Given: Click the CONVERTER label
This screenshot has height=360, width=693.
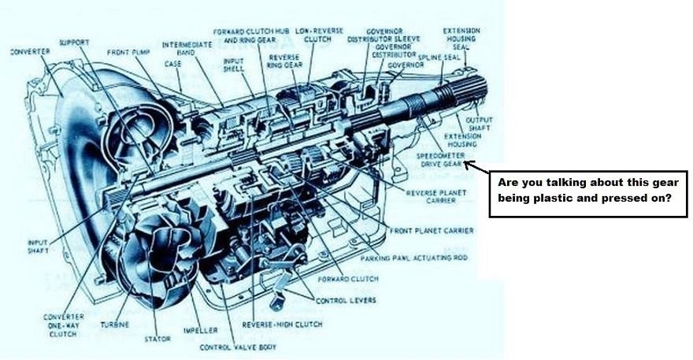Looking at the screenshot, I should [x=30, y=52].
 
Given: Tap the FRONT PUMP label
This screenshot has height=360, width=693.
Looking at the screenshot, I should [x=129, y=53].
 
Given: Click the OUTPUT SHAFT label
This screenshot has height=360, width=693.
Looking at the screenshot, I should [x=479, y=123].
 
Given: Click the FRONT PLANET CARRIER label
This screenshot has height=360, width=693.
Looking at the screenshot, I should [x=430, y=230].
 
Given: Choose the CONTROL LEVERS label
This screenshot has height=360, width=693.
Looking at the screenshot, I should [x=345, y=300].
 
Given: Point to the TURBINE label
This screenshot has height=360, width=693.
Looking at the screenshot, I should [x=114, y=325].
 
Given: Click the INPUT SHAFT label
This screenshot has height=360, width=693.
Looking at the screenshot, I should [x=39, y=247].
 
